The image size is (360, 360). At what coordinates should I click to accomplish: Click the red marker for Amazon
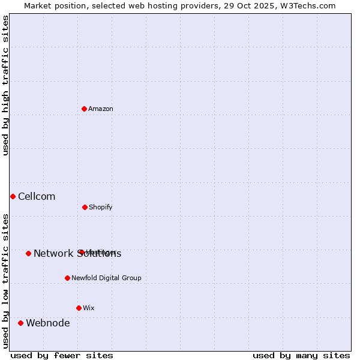tap(85, 109)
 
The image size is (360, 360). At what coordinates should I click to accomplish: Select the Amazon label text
tap(101, 109)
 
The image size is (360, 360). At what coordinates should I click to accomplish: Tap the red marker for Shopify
tap(85, 207)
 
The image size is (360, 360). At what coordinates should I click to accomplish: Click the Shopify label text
tap(101, 207)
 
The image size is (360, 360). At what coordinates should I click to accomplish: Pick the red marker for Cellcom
tap(13, 196)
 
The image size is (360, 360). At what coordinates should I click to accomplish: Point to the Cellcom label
tap(37, 196)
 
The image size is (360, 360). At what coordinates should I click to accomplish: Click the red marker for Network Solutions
tap(28, 253)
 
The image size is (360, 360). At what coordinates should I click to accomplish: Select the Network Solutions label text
tap(77, 253)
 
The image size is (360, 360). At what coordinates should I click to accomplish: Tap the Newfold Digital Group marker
tap(67, 278)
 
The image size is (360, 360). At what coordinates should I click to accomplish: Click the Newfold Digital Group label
tap(106, 278)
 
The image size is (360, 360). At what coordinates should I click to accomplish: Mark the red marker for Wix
tap(79, 308)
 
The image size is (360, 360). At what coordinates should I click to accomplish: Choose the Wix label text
tap(89, 308)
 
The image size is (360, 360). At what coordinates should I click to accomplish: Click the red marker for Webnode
tap(21, 323)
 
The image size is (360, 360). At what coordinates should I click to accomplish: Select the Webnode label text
tap(48, 323)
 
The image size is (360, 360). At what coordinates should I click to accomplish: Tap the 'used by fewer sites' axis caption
tap(62, 355)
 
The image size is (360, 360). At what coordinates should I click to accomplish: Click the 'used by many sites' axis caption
tap(301, 355)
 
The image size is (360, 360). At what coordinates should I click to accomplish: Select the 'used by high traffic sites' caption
tap(5, 85)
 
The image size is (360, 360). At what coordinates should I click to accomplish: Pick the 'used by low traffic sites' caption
tap(5, 280)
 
